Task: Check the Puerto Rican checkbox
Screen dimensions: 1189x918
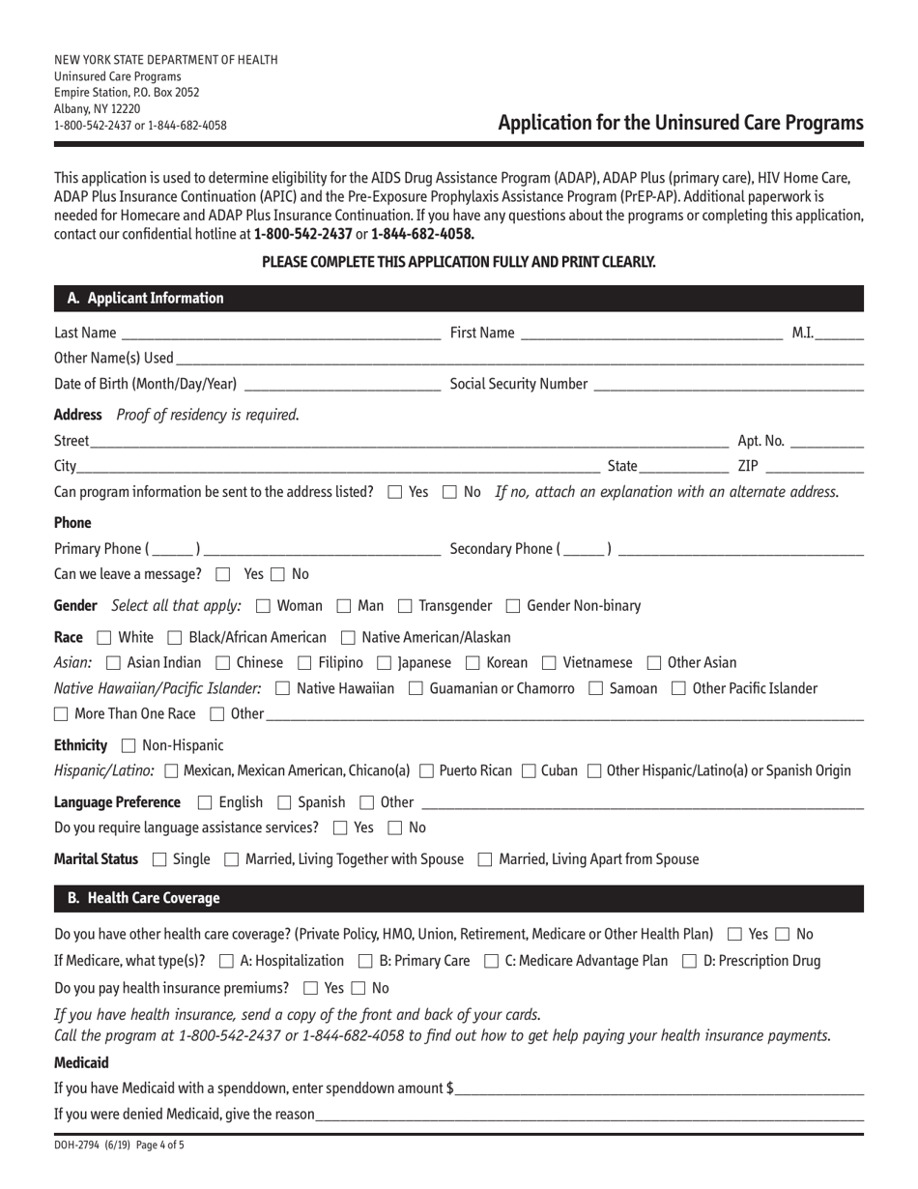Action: pyautogui.click(x=427, y=771)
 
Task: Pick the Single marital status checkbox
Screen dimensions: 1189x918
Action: pyautogui.click(x=159, y=859)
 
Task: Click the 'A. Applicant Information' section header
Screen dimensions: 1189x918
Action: pyautogui.click(x=145, y=299)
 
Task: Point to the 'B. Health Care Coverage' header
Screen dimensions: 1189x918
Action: pyautogui.click(x=143, y=899)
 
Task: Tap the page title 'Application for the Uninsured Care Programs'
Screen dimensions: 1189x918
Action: pyautogui.click(x=680, y=123)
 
